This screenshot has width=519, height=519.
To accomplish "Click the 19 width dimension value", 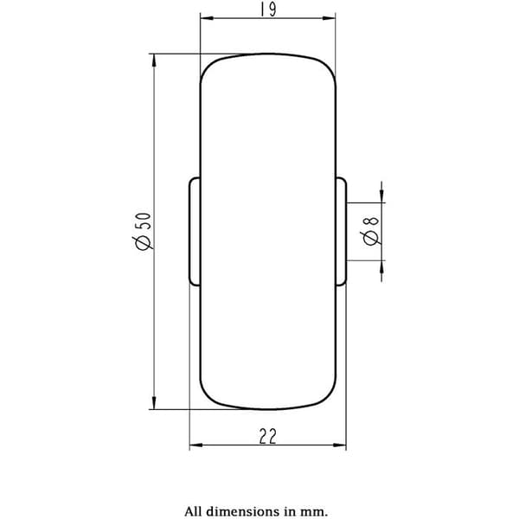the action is [x=268, y=10].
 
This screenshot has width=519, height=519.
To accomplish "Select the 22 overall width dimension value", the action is [x=267, y=436].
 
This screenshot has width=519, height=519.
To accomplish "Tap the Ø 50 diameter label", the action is [x=143, y=231].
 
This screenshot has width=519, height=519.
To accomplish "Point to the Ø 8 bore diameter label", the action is [x=370, y=231].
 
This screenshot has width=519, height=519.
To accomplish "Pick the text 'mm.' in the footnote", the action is [x=316, y=512].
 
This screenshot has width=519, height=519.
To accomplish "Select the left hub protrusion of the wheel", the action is [x=195, y=231].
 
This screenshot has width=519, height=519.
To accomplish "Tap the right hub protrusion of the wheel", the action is [x=341, y=231].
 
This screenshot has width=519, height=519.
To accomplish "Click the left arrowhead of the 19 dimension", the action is [x=207, y=18].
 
